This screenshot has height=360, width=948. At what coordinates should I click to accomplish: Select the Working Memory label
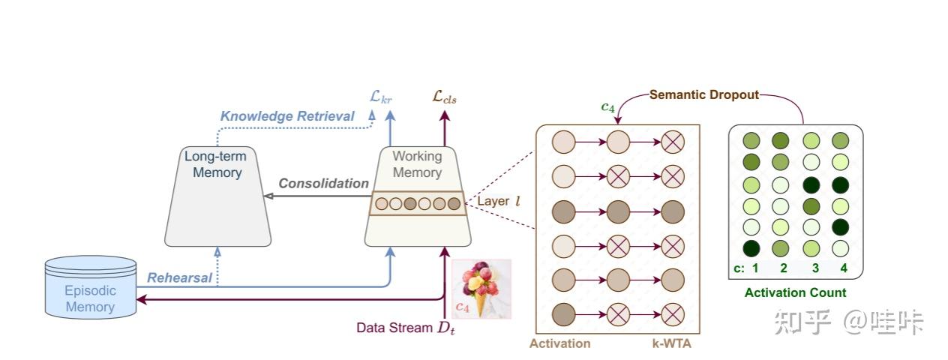tap(417, 165)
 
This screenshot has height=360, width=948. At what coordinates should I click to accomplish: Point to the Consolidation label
tap(323, 184)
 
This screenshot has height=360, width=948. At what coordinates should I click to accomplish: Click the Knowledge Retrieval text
tap(287, 116)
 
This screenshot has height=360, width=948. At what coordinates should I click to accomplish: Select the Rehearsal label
tap(179, 278)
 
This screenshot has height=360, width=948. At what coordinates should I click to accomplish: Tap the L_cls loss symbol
tap(444, 96)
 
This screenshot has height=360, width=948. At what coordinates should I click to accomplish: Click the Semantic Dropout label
tap(704, 95)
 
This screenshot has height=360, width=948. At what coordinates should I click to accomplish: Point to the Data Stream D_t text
tap(405, 328)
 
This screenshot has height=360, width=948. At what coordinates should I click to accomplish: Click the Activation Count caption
tap(795, 292)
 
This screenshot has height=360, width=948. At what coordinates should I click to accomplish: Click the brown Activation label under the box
tap(559, 343)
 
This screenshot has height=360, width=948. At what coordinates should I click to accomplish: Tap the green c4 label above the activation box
tap(608, 107)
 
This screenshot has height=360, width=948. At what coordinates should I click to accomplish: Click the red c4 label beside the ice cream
tap(463, 306)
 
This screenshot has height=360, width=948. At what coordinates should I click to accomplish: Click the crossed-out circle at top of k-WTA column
tap(672, 141)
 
